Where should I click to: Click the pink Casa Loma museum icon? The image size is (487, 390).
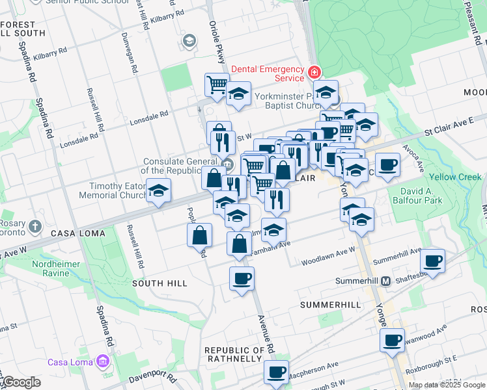pyautogui.click(x=101, y=361)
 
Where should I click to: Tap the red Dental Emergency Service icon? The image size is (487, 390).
pyautogui.click(x=314, y=71)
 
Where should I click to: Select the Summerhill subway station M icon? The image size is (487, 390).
pyautogui.click(x=385, y=281)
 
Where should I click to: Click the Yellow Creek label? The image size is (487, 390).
pyautogui.click(x=455, y=177)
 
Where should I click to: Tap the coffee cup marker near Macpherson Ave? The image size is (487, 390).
pyautogui.click(x=276, y=372)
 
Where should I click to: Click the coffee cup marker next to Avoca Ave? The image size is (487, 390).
pyautogui.click(x=388, y=165)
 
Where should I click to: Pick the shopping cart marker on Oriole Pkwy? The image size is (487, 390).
pyautogui.click(x=217, y=84)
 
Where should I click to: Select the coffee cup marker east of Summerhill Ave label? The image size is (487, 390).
pyautogui.click(x=432, y=261)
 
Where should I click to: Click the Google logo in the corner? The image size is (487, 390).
pyautogui.click(x=21, y=383)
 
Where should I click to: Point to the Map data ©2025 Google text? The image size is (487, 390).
pyautogui.click(x=447, y=385)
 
